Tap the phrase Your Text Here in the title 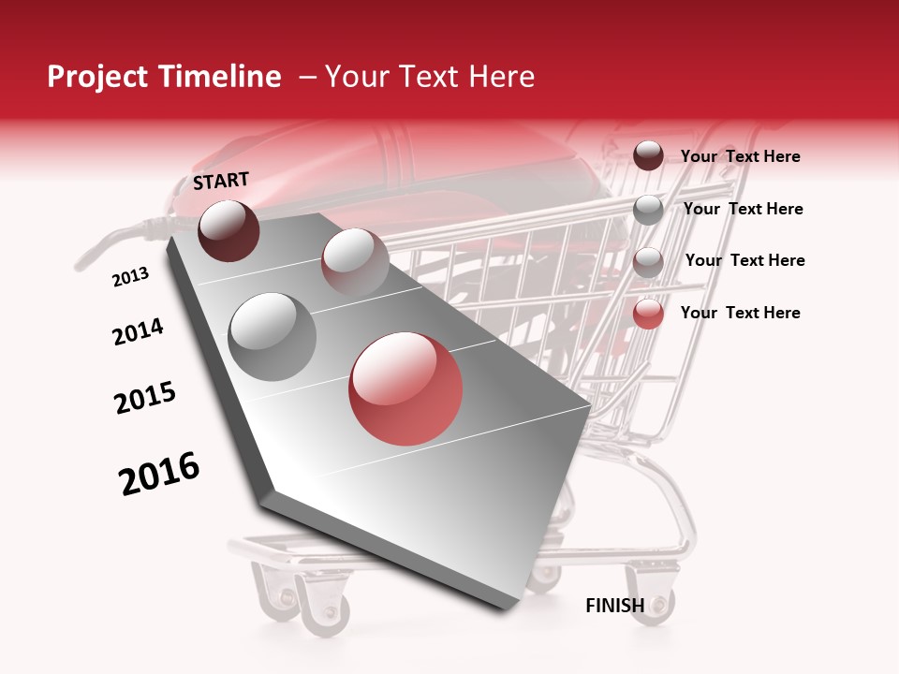point(430,77)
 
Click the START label point(221,181)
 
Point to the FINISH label point(614,606)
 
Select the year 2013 point(130,277)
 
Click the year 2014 point(138,331)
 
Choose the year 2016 point(159,474)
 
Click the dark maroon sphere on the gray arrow point(228,230)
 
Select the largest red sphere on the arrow point(405,388)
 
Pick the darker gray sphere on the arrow point(273,336)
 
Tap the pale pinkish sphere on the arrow point(355,260)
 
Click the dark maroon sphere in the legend point(648,155)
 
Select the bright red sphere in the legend point(648,314)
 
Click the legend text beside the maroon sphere point(740,156)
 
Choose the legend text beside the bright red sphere point(740,313)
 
